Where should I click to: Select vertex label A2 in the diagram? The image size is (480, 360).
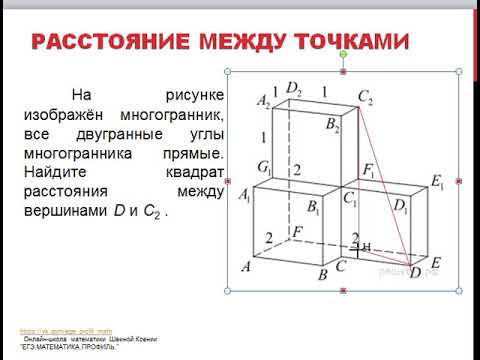[x=264, y=102]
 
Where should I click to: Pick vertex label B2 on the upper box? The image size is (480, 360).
[x=332, y=126]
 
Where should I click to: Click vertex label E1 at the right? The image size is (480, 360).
[x=436, y=181]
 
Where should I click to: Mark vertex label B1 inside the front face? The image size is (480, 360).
[x=314, y=208]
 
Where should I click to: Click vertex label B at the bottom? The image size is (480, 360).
[x=322, y=274]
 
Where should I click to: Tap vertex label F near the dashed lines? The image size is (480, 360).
[x=297, y=232]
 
